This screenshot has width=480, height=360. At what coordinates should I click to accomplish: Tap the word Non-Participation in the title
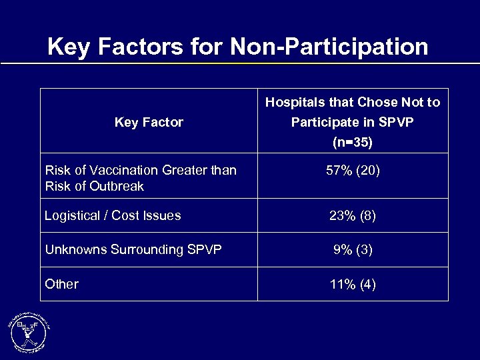coord(329,47)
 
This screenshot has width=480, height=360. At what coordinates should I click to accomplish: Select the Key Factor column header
coord(149,122)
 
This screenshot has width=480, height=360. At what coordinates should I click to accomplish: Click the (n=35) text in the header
coord(353,143)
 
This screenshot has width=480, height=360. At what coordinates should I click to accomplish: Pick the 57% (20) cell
coord(353,171)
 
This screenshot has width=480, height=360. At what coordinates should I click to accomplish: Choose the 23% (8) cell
coord(353,216)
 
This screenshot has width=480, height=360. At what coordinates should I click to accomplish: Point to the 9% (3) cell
coord(353,250)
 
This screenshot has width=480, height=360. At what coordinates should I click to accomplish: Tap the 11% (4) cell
coord(353,285)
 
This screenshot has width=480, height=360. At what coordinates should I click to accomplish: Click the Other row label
coord(61,284)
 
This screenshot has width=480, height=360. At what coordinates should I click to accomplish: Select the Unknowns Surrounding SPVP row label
coord(133,250)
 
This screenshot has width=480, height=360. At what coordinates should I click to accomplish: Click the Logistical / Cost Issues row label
coord(113,215)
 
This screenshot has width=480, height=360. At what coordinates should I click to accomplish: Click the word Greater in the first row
coord(183,171)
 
